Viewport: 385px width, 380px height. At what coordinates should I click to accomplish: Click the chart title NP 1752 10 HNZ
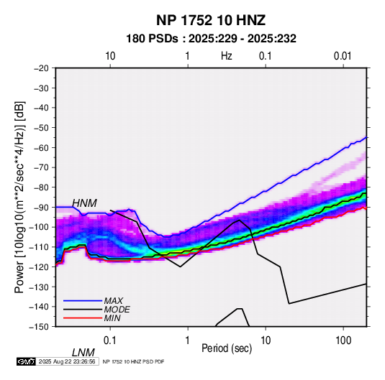[x=211, y=20]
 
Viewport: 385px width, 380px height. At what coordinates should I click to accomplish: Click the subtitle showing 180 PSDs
[x=211, y=39]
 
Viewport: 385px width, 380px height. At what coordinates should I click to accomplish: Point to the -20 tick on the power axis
[x=41, y=68]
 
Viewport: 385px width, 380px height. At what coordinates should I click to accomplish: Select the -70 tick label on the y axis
[x=41, y=167]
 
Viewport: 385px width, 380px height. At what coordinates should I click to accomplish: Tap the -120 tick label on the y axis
[x=39, y=267]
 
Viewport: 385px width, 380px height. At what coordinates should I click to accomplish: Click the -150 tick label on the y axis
[x=39, y=327]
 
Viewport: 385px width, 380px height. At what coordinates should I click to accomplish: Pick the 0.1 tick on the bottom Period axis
[x=110, y=340]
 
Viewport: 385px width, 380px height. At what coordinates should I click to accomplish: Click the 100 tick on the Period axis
[x=343, y=340]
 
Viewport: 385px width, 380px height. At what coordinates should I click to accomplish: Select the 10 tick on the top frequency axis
[x=110, y=56]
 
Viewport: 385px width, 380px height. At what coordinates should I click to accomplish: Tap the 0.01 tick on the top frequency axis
[x=343, y=56]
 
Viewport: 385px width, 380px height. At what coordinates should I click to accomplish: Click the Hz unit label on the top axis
[x=227, y=56]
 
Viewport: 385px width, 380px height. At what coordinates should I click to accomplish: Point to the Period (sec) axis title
[x=227, y=348]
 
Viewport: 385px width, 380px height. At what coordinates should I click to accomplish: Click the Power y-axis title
[x=19, y=197]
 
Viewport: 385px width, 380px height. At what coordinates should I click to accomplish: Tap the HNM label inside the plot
[x=84, y=203]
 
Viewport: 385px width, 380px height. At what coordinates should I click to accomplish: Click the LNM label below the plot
[x=83, y=353]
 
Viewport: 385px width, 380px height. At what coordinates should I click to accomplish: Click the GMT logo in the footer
[x=27, y=361]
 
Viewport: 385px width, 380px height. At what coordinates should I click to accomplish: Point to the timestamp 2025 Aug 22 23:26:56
[x=67, y=361]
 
